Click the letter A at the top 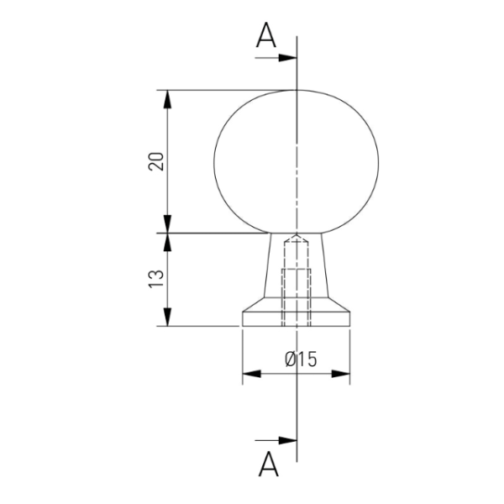(x=266, y=35)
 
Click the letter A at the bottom (x=269, y=465)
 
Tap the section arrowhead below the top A (x=287, y=58)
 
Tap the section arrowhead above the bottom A (x=287, y=440)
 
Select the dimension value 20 (x=156, y=161)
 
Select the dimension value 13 (x=156, y=279)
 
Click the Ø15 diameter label (x=301, y=359)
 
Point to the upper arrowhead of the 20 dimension (x=167, y=99)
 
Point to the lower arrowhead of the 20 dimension (x=167, y=224)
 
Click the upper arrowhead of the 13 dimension (x=167, y=242)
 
